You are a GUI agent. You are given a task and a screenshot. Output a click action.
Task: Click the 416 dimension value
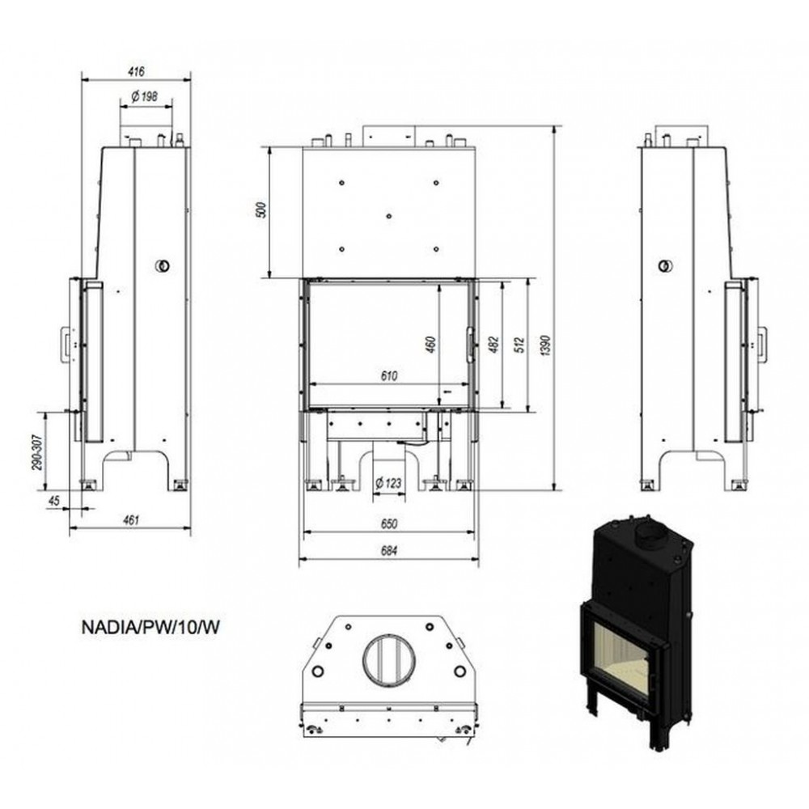(x=136, y=71)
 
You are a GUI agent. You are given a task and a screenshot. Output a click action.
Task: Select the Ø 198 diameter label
(x=145, y=96)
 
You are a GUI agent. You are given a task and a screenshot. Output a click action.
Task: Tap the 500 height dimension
(x=262, y=210)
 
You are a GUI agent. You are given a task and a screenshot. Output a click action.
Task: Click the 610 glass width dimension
(x=389, y=376)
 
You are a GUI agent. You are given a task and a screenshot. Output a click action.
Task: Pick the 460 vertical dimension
(x=431, y=345)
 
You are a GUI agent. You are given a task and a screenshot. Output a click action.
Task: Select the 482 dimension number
(x=493, y=345)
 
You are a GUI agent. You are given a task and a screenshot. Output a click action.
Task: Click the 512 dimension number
(x=519, y=345)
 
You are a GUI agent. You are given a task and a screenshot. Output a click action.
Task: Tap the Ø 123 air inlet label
(x=388, y=484)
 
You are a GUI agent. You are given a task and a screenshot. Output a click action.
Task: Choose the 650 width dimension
(x=389, y=523)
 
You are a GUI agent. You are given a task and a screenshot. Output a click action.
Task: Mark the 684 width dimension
(x=389, y=551)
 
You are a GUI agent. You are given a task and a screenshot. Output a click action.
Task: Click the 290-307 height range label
(x=37, y=452)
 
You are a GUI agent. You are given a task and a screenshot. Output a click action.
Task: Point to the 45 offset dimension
(x=53, y=500)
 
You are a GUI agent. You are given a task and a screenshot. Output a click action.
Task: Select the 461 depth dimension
(x=131, y=520)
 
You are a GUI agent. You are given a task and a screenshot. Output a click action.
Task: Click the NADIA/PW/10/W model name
(x=150, y=628)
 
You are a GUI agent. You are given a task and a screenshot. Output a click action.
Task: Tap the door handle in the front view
(x=470, y=345)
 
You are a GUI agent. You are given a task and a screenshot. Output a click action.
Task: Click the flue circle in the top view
(x=389, y=661)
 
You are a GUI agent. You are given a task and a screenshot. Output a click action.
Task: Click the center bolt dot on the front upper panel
(x=389, y=216)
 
